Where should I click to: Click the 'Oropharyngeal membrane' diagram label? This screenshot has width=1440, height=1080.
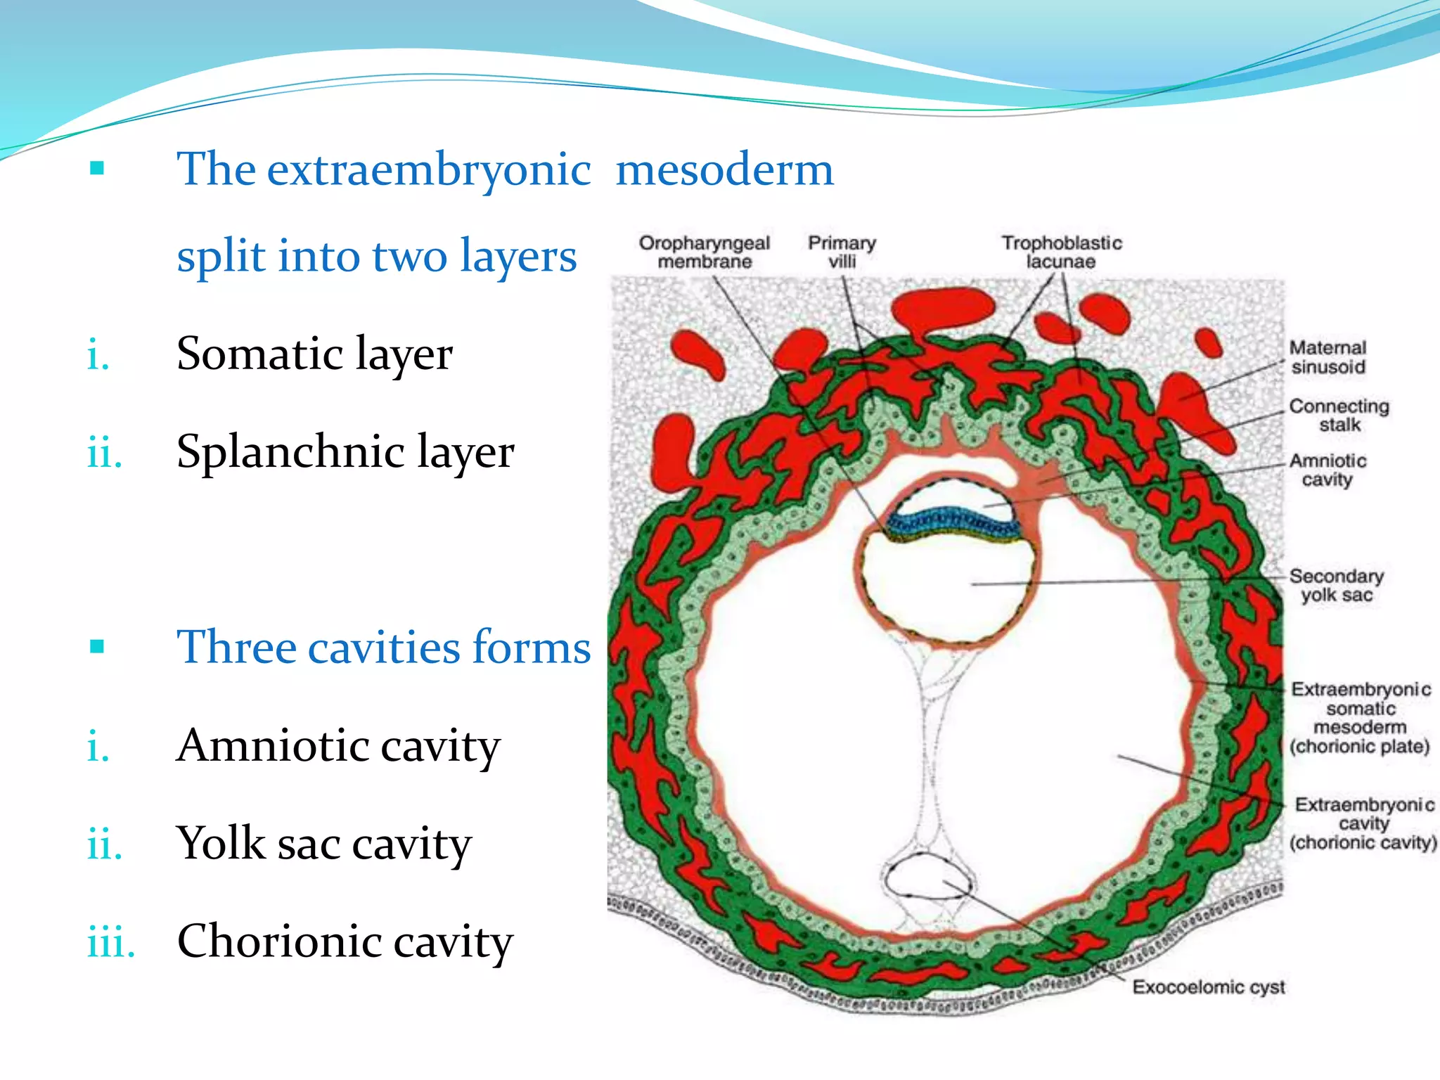pyautogui.click(x=704, y=252)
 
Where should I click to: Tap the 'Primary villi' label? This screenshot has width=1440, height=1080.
pyautogui.click(x=842, y=252)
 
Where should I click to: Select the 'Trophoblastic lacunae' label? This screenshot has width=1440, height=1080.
pyautogui.click(x=1061, y=252)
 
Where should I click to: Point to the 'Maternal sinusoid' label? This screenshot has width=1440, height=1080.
pyautogui.click(x=1327, y=357)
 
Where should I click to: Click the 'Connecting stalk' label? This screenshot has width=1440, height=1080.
pyautogui.click(x=1339, y=416)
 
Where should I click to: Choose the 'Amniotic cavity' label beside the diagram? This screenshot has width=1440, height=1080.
pyautogui.click(x=1327, y=470)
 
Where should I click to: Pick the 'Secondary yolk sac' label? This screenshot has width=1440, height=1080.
pyautogui.click(x=1336, y=585)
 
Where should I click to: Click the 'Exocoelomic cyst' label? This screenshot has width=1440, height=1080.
pyautogui.click(x=1208, y=987)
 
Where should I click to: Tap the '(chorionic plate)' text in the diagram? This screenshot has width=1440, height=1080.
pyautogui.click(x=1360, y=746)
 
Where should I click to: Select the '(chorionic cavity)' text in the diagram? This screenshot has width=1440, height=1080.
pyautogui.click(x=1363, y=842)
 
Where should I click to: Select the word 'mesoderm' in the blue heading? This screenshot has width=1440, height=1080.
pyautogui.click(x=724, y=169)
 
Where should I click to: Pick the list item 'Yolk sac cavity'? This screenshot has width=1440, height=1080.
pyautogui.click(x=323, y=843)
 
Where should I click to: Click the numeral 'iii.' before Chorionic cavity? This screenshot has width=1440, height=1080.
pyautogui.click(x=110, y=942)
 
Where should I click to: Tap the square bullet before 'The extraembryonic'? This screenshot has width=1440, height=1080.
pyautogui.click(x=97, y=168)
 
